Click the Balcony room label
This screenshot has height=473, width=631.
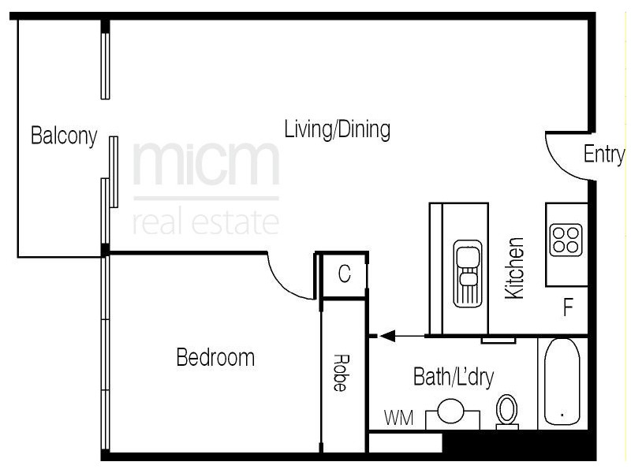(63, 136)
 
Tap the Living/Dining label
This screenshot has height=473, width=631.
(337, 129)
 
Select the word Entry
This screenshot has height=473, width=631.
(603, 155)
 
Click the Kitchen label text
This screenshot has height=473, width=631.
(514, 268)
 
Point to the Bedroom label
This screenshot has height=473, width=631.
(215, 358)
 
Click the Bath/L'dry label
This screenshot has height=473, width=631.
(454, 378)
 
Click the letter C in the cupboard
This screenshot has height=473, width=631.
(344, 274)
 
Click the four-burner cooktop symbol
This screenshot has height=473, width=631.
(566, 240)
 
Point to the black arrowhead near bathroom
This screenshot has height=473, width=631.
(386, 337)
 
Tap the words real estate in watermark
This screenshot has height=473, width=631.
(206, 222)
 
